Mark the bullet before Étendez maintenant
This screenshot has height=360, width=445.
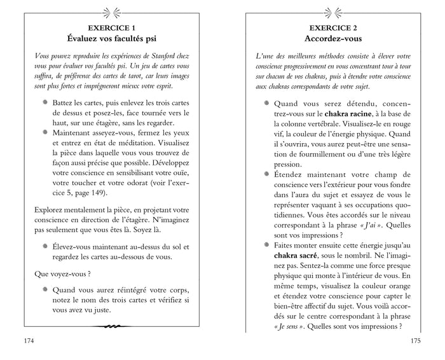pos(266,174)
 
